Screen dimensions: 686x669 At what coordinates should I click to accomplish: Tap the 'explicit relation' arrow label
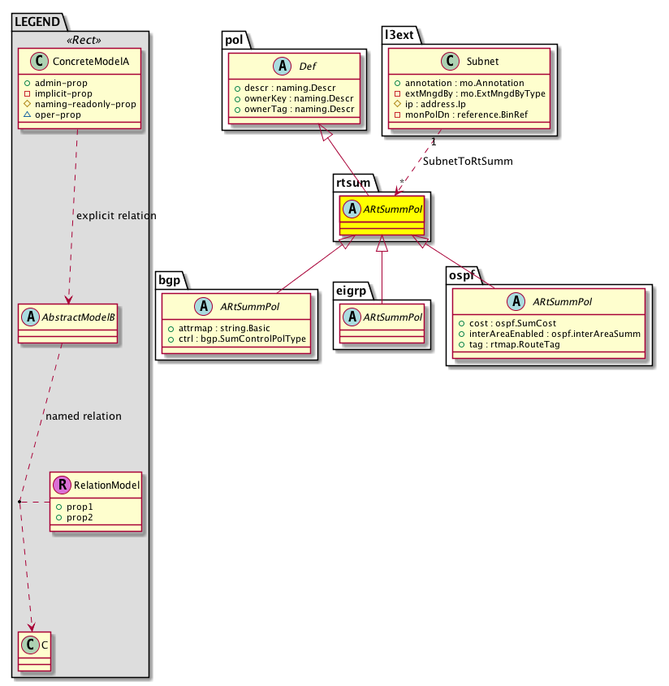tap(116, 216)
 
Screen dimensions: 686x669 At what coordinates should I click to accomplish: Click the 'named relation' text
tap(84, 416)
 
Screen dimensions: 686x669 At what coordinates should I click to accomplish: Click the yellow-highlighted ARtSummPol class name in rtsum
tap(395, 209)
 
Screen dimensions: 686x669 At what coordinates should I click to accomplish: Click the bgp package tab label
tap(170, 279)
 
